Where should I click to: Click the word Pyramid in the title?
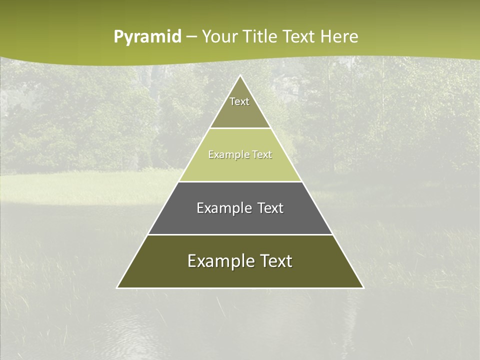click(x=147, y=37)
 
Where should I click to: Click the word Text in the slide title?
click(x=299, y=36)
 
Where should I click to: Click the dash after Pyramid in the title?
click(x=191, y=37)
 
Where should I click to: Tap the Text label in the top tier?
click(x=239, y=101)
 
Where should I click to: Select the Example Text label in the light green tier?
click(x=240, y=154)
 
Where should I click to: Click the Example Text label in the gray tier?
click(x=240, y=208)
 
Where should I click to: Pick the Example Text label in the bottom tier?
click(x=240, y=261)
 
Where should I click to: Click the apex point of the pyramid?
click(x=240, y=75)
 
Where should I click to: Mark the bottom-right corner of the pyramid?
click(x=363, y=287)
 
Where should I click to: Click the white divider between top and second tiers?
click(x=240, y=128)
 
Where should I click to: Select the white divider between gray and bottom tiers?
click(x=240, y=234)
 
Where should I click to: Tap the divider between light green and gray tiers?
click(x=240, y=181)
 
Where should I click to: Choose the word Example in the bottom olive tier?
click(x=215, y=261)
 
